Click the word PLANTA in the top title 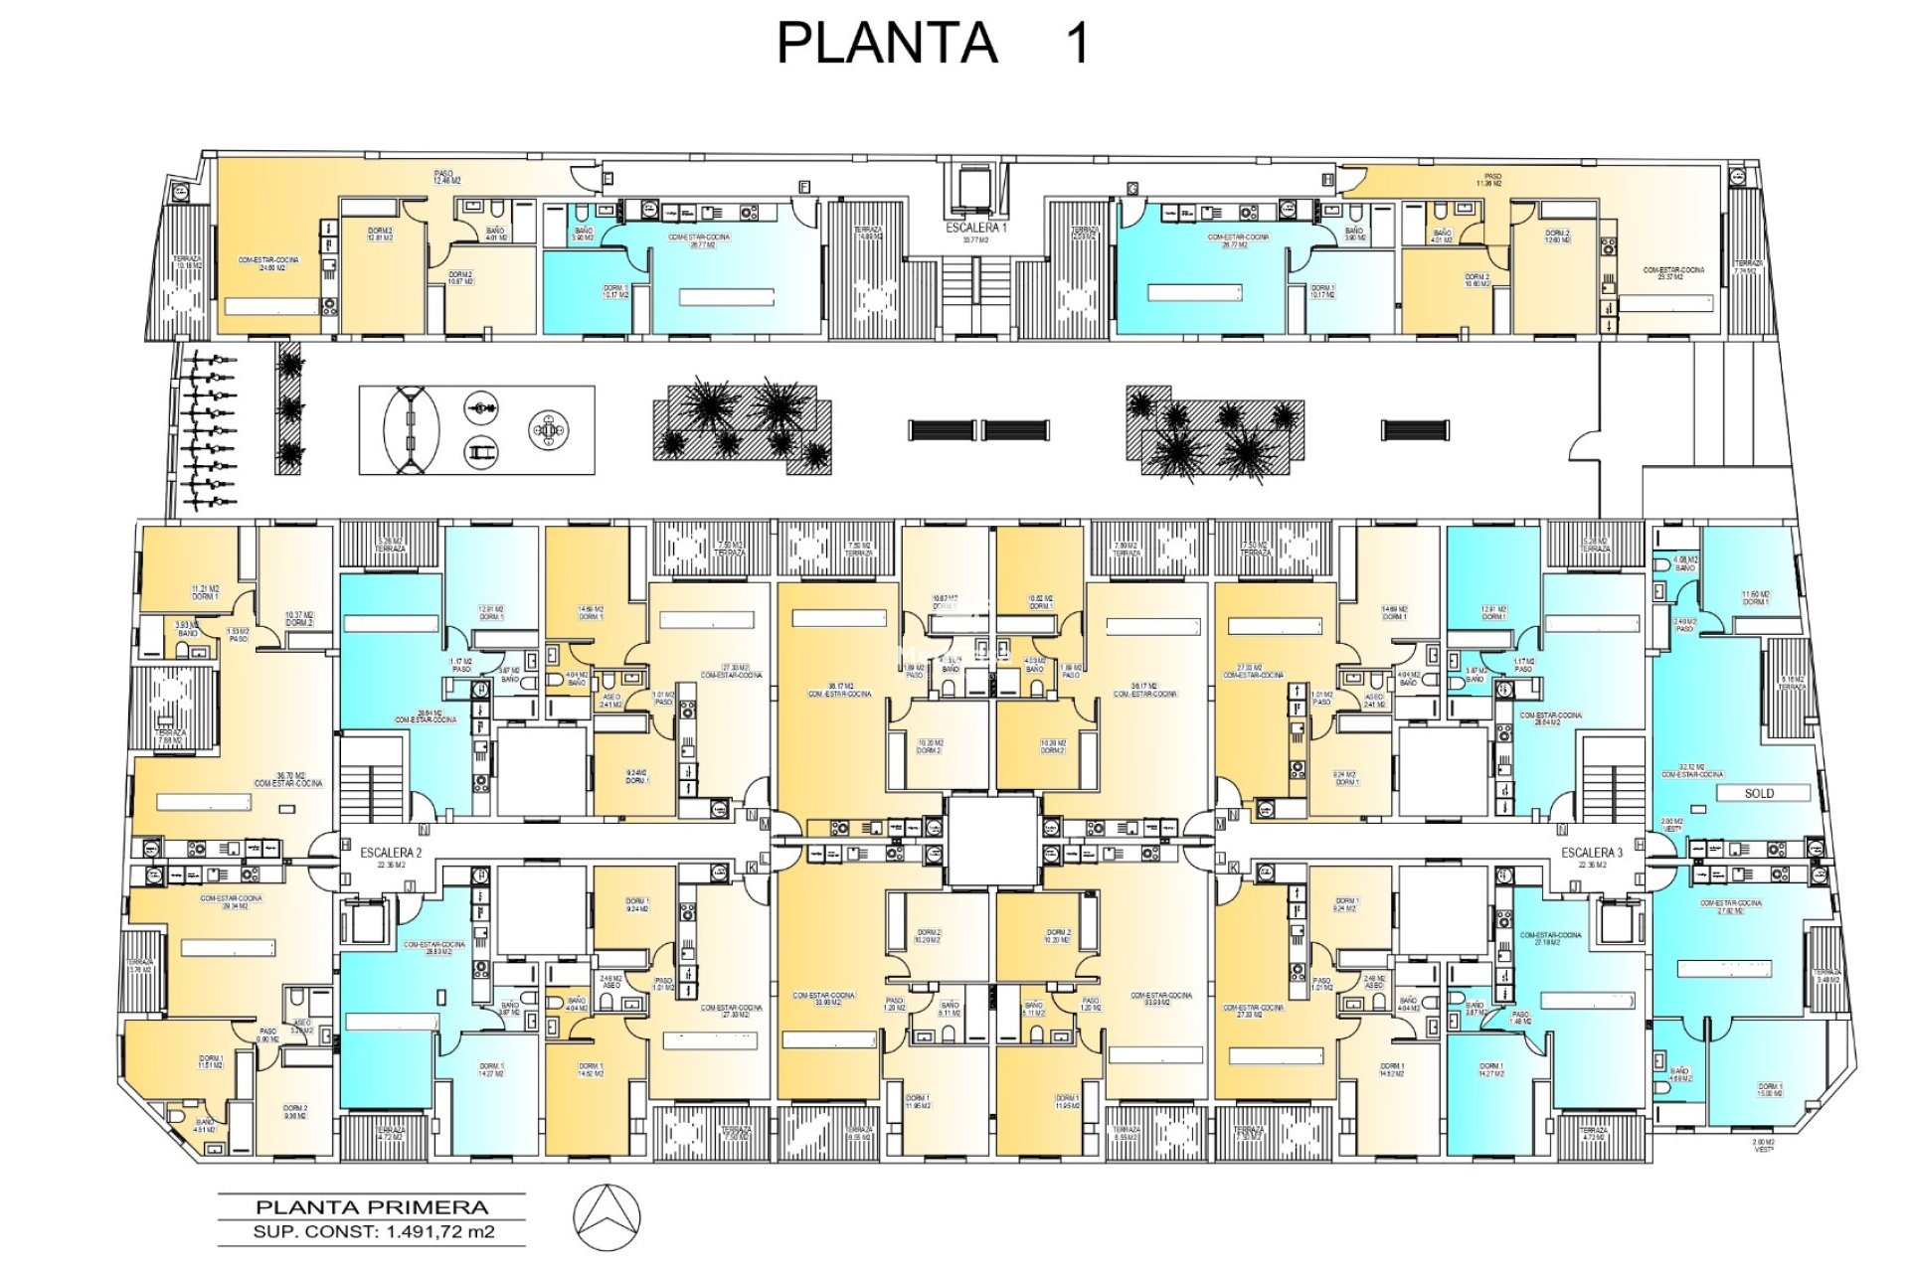[x=886, y=44]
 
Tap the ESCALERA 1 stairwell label [x=975, y=228]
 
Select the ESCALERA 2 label [x=391, y=853]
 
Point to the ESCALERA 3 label [x=1591, y=853]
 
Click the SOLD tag [x=1759, y=793]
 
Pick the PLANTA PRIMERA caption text [x=372, y=1208]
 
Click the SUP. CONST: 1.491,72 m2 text [x=372, y=1232]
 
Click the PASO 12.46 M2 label [x=446, y=177]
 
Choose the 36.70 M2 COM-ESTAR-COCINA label [x=288, y=779]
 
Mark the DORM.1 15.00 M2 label [x=1770, y=1089]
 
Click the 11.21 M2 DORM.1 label [x=205, y=592]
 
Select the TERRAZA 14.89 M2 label [x=868, y=234]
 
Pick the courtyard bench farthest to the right [x=1414, y=430]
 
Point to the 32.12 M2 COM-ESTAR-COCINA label [x=1691, y=770]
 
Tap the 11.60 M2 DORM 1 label [x=1755, y=598]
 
